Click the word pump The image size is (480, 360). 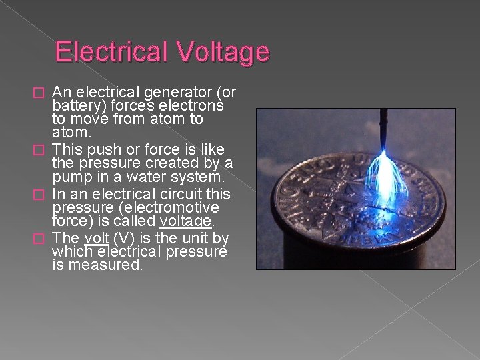(x=71, y=177)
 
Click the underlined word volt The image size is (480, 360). (x=96, y=238)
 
